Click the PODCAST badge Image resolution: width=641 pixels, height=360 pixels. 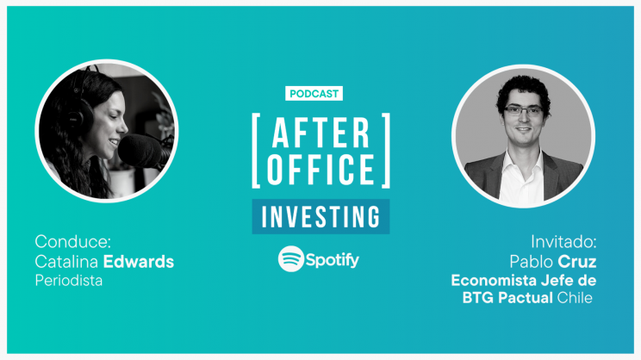point(314,94)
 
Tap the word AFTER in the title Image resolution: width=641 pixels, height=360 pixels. point(320,133)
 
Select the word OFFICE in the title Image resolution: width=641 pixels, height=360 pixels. point(320,169)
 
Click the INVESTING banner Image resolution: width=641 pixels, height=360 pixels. point(320,216)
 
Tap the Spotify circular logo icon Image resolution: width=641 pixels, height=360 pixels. point(291,259)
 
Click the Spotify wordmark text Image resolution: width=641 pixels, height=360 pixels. point(333,260)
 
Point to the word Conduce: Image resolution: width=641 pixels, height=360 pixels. point(72,241)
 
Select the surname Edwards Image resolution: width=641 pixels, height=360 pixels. point(139,262)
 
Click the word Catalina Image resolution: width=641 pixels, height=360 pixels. point(66,262)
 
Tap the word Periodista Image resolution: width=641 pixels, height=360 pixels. point(69,281)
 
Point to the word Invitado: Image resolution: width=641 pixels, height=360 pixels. point(563,242)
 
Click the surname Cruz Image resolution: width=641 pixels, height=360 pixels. point(577,262)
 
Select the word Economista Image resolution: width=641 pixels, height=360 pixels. point(494,281)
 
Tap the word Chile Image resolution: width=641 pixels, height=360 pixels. point(575,297)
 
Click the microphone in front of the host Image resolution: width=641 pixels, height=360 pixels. point(143,152)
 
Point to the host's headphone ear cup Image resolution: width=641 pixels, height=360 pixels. point(81,115)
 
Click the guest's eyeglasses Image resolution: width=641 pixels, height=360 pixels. point(523,111)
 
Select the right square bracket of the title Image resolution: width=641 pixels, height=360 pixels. point(386,151)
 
